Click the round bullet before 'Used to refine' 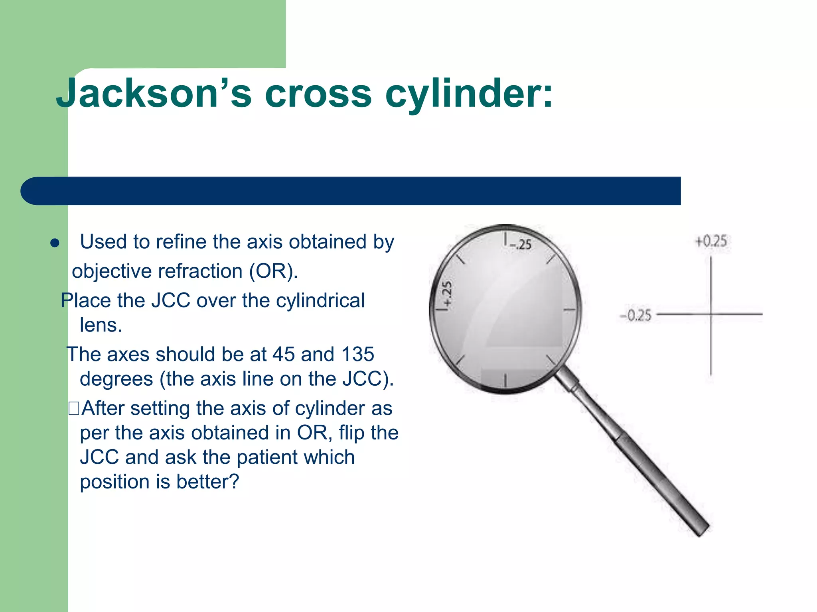click(55, 243)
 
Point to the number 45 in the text click(283, 354)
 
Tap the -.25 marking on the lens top click(521, 244)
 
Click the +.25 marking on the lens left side click(448, 294)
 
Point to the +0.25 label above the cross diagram click(711, 241)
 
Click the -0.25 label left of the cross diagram click(635, 316)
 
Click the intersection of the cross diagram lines click(711, 314)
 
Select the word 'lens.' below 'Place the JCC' click(101, 326)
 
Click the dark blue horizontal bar click(351, 191)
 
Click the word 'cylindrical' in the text click(320, 300)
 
